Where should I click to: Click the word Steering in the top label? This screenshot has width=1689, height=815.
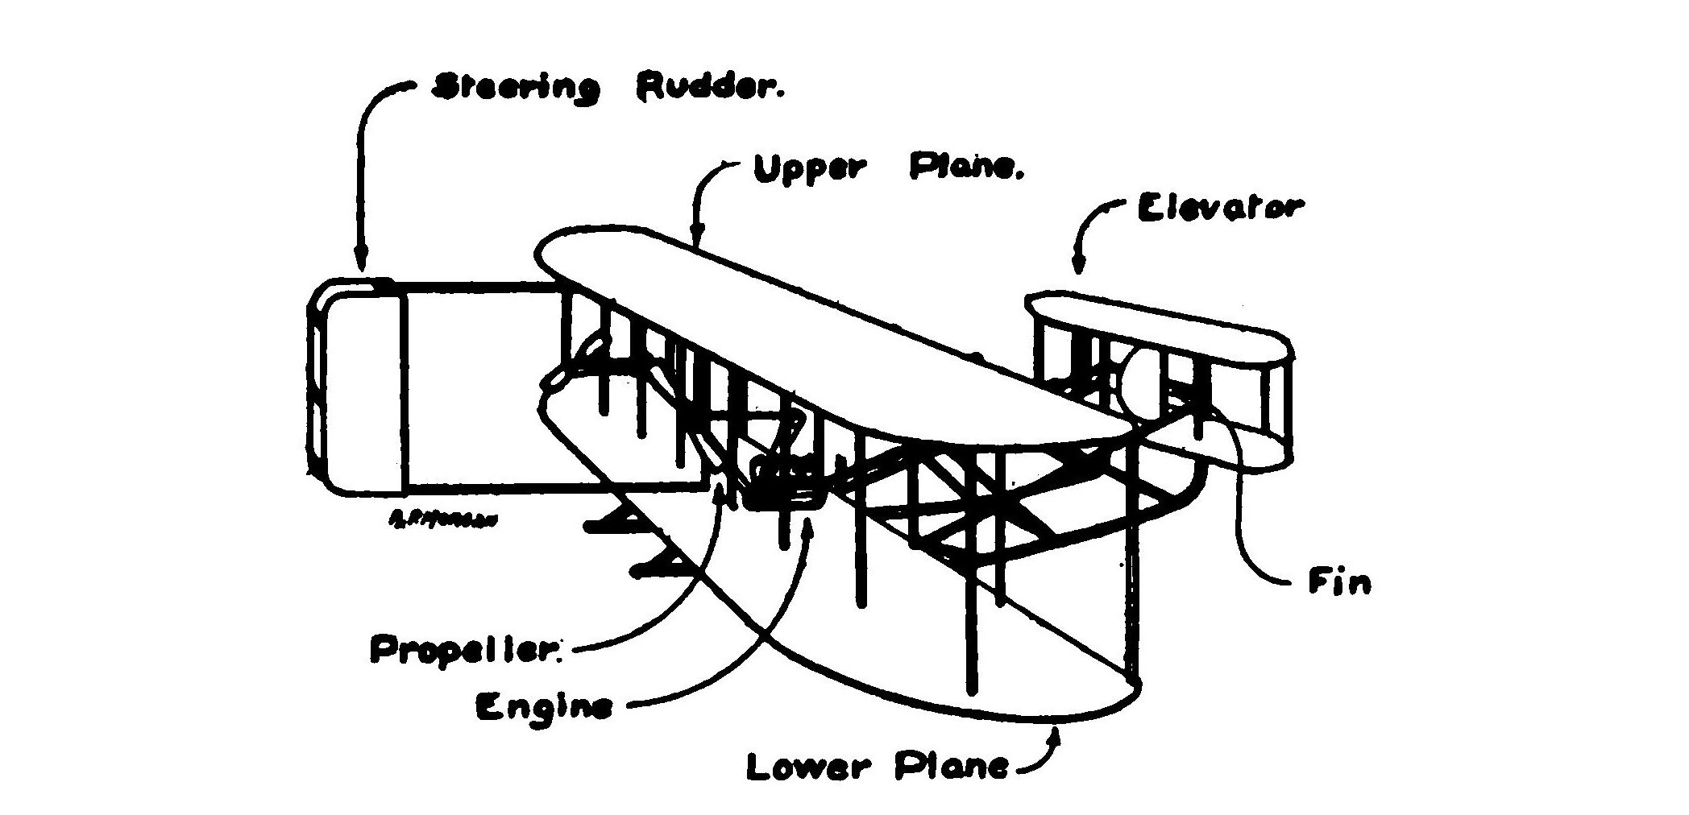pyautogui.click(x=516, y=88)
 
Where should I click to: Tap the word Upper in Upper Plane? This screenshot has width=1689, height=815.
pyautogui.click(x=810, y=169)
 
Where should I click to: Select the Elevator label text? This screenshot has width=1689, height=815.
pyautogui.click(x=1218, y=209)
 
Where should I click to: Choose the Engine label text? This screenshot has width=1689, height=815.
pyautogui.click(x=544, y=708)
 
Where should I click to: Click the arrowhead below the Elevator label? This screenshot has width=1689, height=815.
pyautogui.click(x=1077, y=265)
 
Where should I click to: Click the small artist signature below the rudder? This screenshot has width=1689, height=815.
pyautogui.click(x=442, y=519)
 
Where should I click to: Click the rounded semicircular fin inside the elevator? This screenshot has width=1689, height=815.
pyautogui.click(x=1140, y=379)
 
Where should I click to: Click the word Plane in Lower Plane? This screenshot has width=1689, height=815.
pyautogui.click(x=951, y=767)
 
